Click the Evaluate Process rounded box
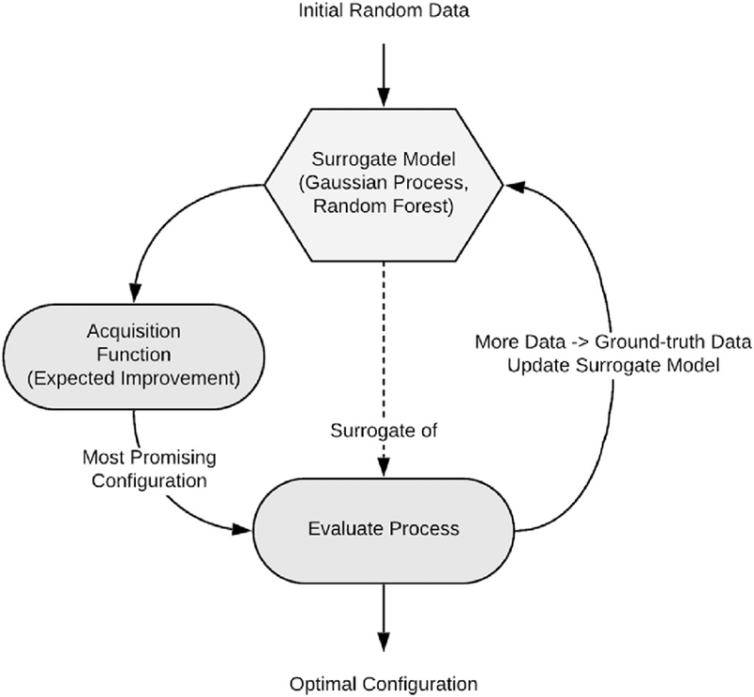tap(384, 528)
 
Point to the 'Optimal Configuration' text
tap(383, 682)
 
